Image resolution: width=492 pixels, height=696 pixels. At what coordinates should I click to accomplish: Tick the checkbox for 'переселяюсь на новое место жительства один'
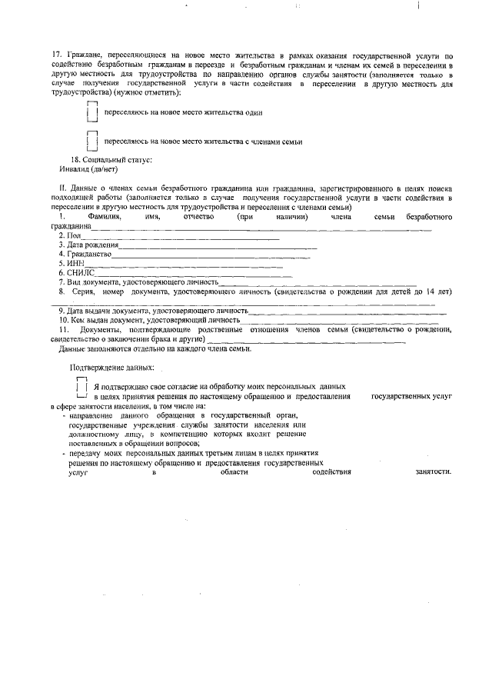point(91,112)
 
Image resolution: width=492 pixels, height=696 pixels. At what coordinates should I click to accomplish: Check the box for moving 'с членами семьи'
point(91,142)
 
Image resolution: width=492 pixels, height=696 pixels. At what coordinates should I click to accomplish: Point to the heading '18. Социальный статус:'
point(111,159)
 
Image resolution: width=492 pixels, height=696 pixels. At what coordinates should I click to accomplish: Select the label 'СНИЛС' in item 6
point(80,272)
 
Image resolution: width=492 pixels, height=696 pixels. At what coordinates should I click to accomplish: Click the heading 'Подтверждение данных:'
point(111,368)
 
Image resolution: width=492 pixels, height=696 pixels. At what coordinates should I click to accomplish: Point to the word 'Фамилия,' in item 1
point(105,218)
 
